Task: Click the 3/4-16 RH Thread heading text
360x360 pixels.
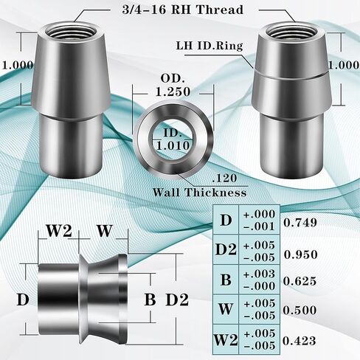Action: point(182,10)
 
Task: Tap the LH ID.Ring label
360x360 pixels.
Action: point(210,46)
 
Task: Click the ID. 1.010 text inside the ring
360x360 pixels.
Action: point(173,139)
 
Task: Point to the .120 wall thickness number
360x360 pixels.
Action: point(224,178)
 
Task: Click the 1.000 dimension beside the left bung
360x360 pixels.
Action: point(18,65)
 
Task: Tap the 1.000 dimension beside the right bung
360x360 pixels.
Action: point(344,65)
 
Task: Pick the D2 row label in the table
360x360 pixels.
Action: point(226,249)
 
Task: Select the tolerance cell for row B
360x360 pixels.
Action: point(259,280)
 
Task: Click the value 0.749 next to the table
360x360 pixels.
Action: point(300,223)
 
